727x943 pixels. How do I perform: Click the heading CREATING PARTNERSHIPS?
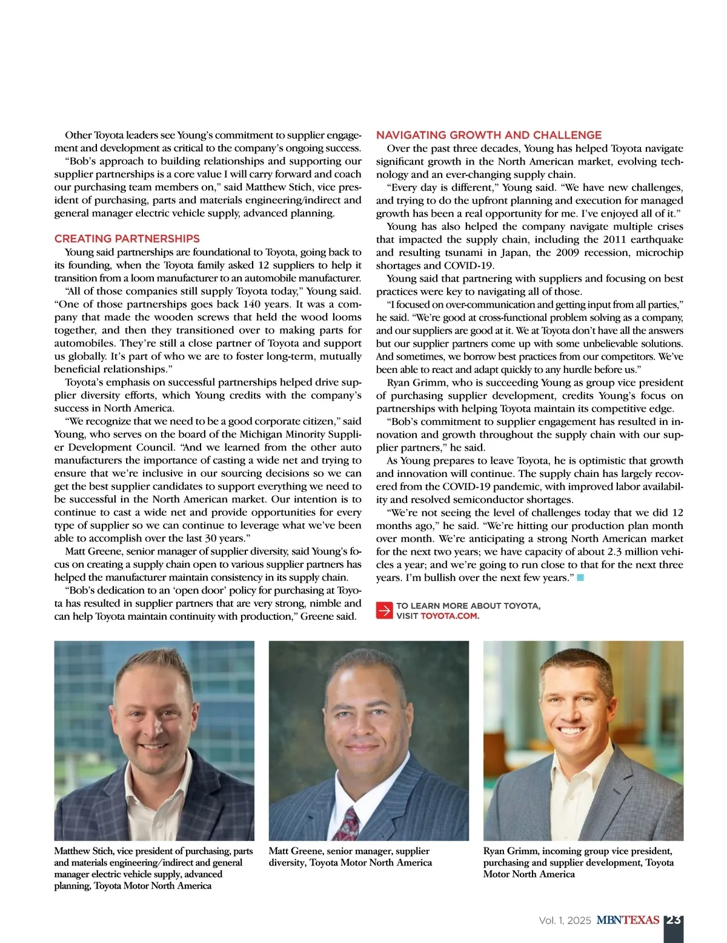[x=127, y=238]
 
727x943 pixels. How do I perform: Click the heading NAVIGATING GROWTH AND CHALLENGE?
[x=489, y=135]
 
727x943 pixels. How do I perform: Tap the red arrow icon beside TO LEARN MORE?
[x=384, y=611]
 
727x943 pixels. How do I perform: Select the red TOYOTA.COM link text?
[x=450, y=616]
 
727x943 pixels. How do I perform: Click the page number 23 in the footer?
[x=674, y=920]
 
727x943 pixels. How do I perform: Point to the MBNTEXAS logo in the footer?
[x=628, y=920]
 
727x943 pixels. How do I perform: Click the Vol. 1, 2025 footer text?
[x=565, y=921]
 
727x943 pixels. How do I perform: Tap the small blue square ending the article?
[x=580, y=577]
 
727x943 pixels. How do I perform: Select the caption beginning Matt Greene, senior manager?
[x=350, y=856]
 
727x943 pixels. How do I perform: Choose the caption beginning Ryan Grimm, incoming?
[x=578, y=862]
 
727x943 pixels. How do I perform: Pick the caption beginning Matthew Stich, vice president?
[x=153, y=868]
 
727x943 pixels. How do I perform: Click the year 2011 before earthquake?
[x=614, y=239]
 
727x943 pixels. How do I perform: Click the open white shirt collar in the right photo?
[x=576, y=781]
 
